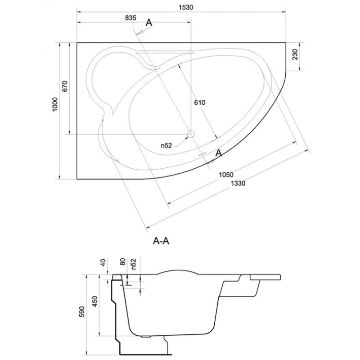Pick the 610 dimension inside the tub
pyautogui.click(x=199, y=103)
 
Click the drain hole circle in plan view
pyautogui.click(x=190, y=134)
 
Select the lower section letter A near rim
pyautogui.click(x=219, y=153)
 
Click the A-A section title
pyautogui.click(x=161, y=241)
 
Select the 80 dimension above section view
pyautogui.click(x=122, y=262)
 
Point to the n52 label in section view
pyautogui.click(x=134, y=264)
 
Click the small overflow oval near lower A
pyautogui.click(x=202, y=154)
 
